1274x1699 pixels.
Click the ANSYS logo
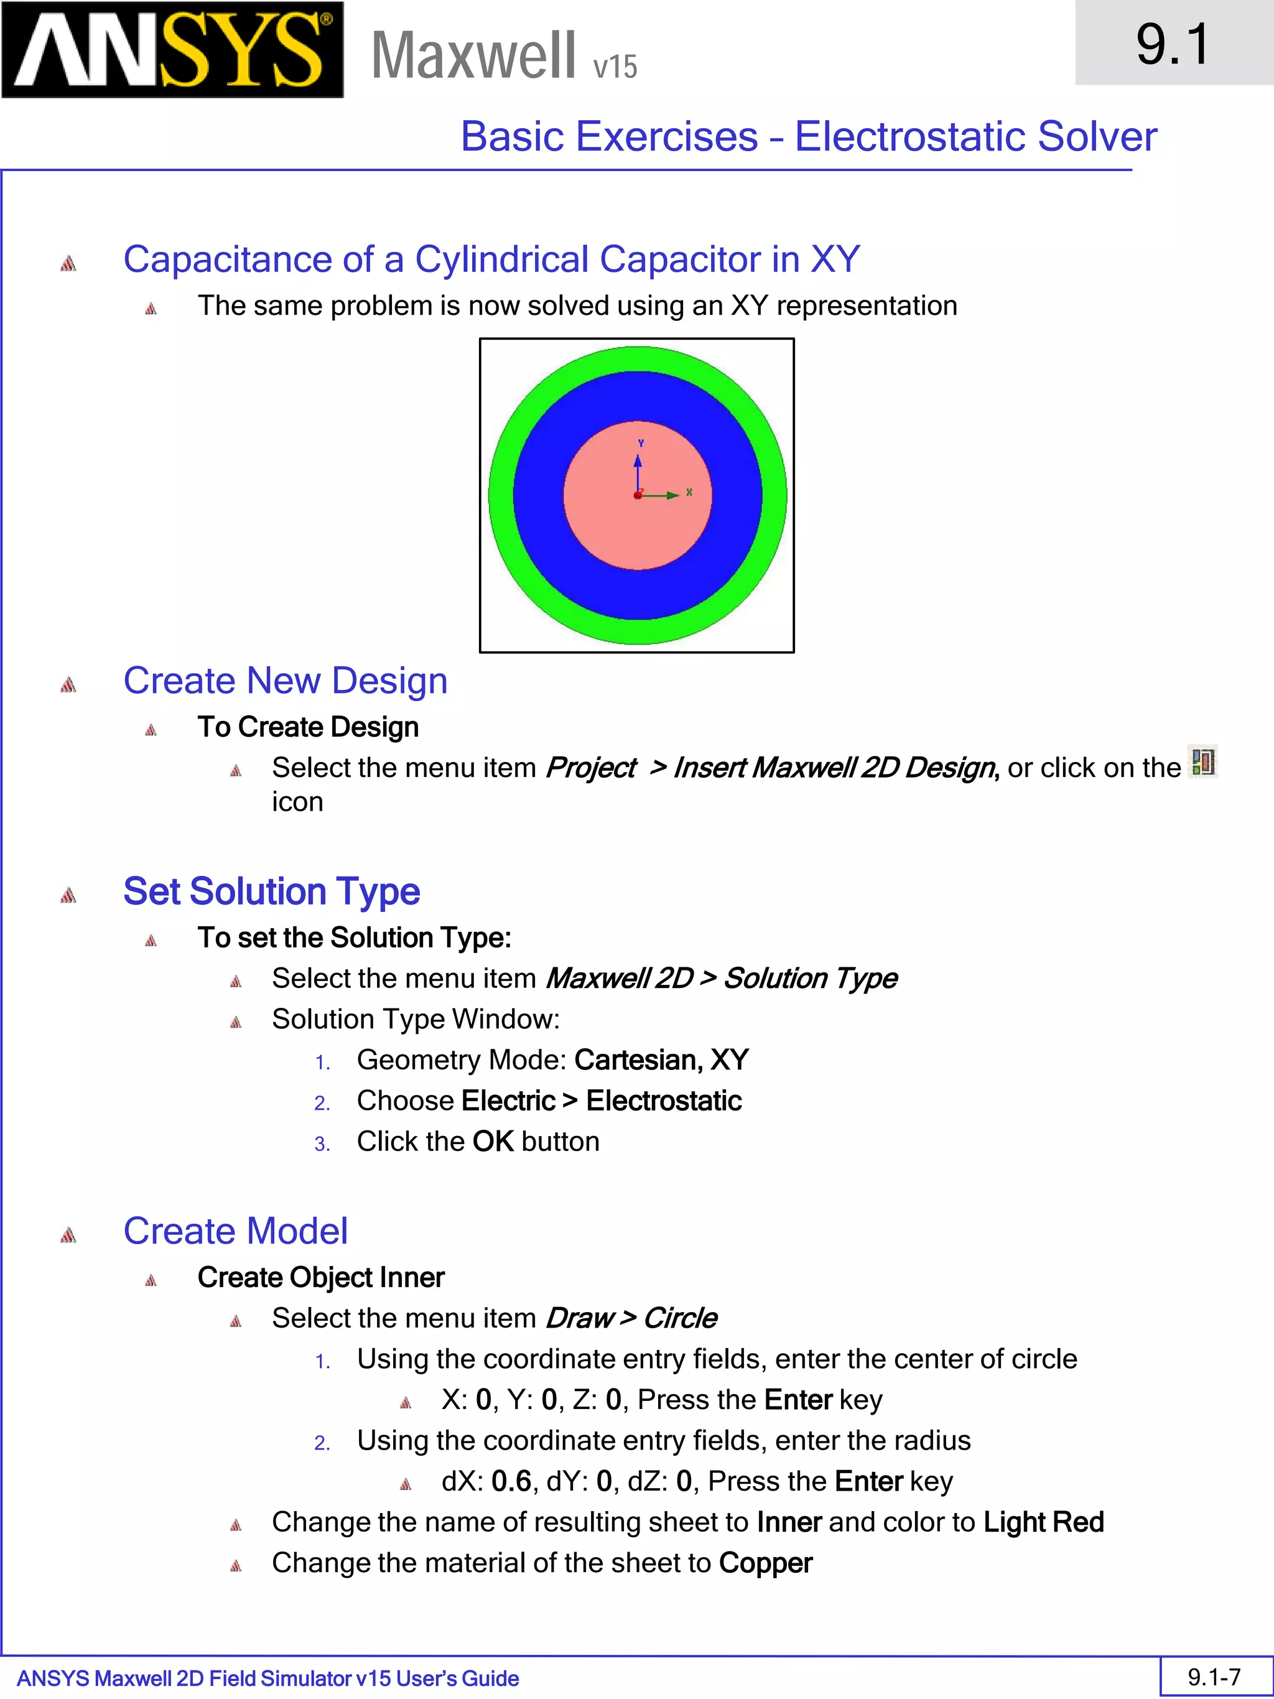point(172,50)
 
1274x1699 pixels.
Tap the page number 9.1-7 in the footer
point(1214,1676)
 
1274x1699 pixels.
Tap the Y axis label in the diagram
point(641,443)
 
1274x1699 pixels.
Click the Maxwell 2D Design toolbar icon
point(1202,762)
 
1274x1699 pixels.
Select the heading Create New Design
point(285,681)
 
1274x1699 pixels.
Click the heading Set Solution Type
point(271,891)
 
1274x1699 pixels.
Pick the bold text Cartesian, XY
point(661,1060)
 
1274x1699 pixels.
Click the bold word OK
point(493,1142)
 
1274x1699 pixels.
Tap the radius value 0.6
point(511,1481)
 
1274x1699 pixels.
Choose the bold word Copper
point(766,1562)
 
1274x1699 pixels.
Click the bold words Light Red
point(1044,1522)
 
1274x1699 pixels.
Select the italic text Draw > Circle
point(631,1318)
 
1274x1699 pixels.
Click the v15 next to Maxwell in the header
point(615,67)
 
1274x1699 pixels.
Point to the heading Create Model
point(235,1231)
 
